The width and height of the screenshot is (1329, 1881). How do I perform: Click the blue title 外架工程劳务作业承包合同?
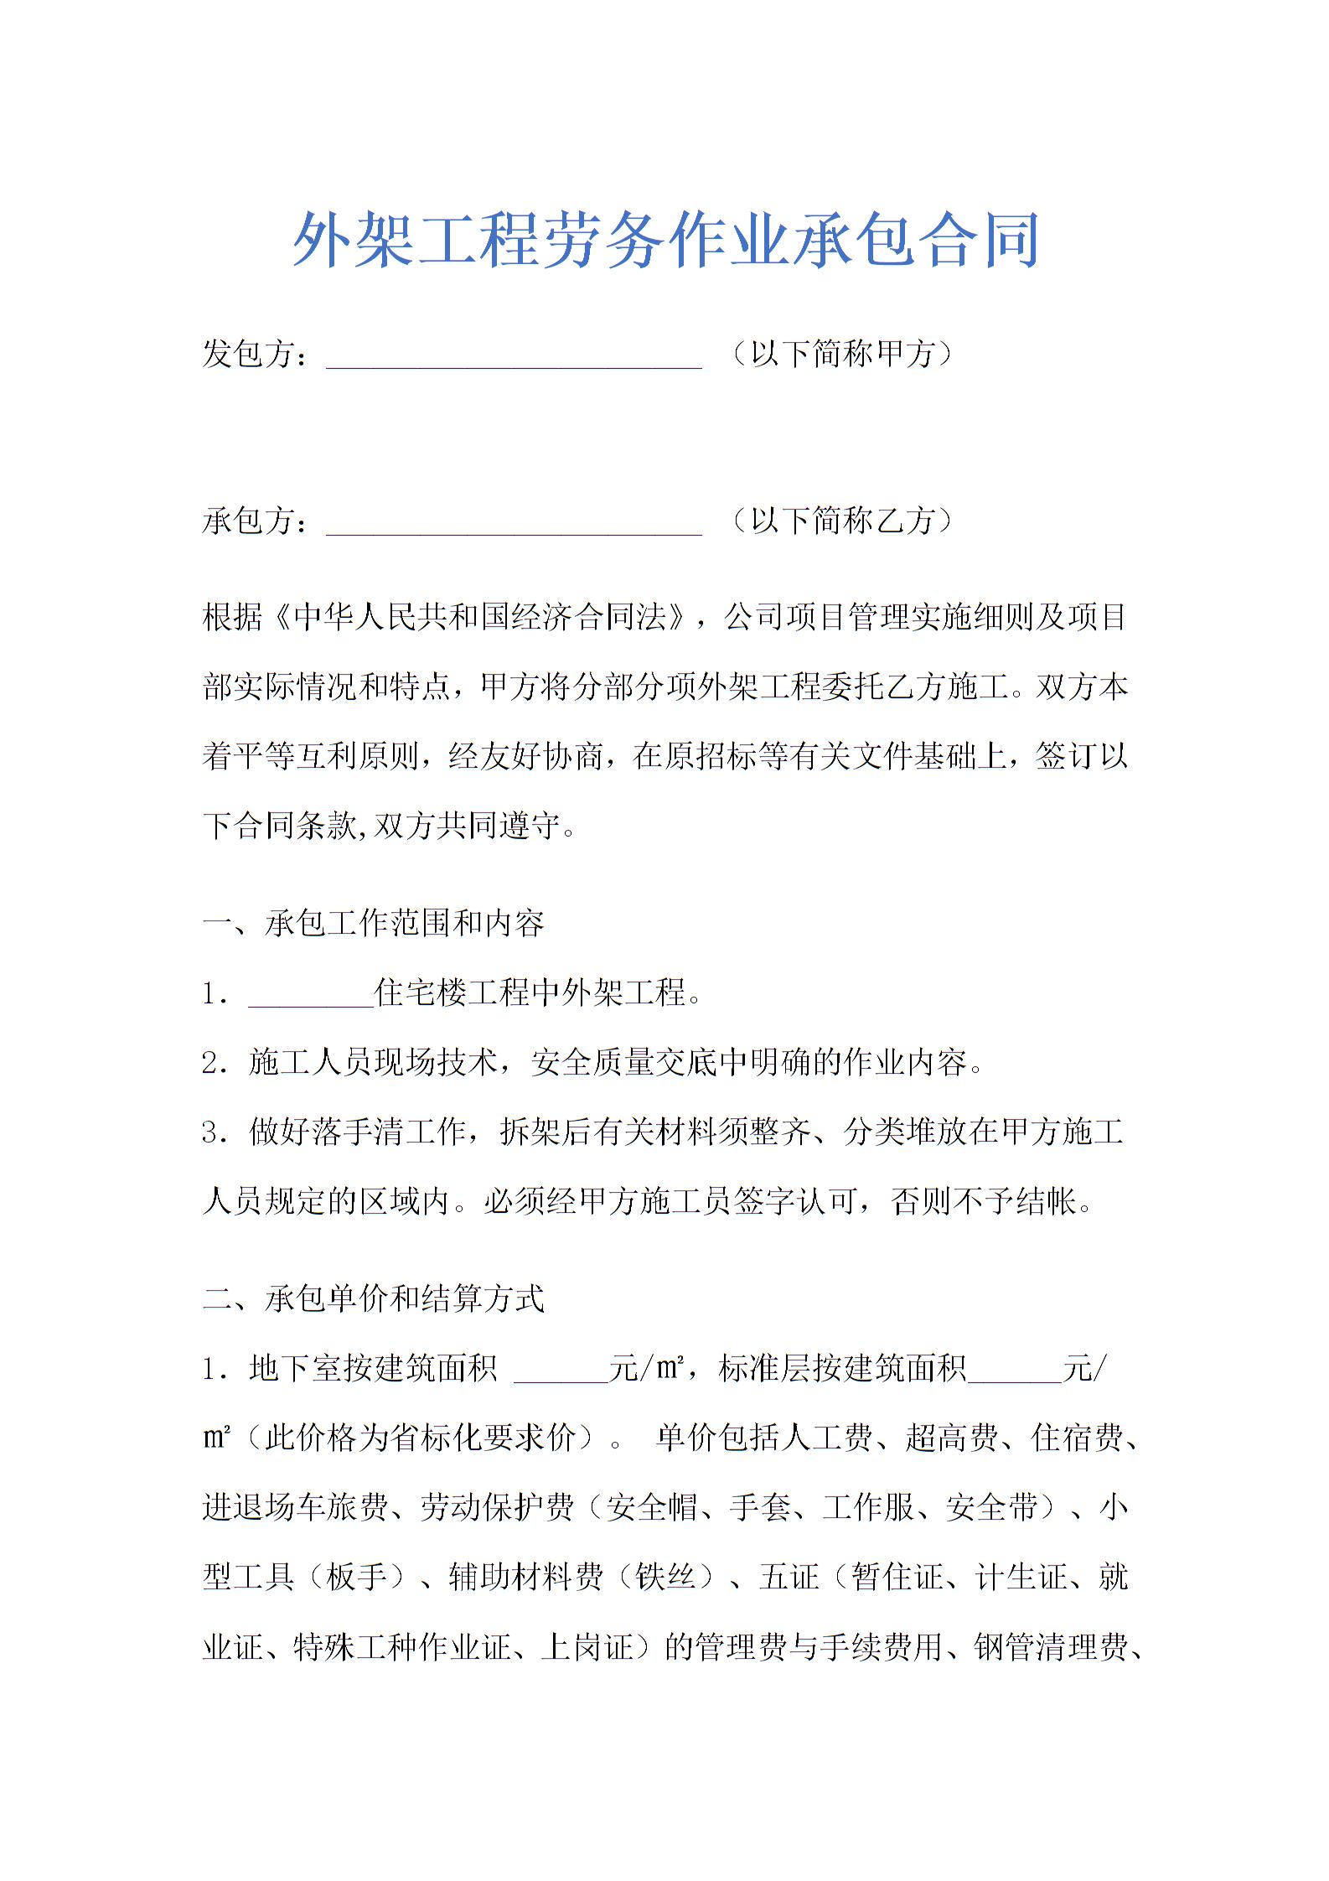pyautogui.click(x=666, y=241)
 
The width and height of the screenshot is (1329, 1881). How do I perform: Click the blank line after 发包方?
pyautogui.click(x=513, y=357)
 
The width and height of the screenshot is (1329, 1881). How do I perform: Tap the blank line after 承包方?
pyautogui.click(x=513, y=524)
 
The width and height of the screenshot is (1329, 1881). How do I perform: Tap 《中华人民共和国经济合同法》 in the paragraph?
pyautogui.click(x=482, y=618)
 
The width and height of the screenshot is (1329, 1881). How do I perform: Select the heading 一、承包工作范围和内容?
pyautogui.click(x=373, y=924)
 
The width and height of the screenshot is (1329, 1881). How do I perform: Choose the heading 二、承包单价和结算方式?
pyautogui.click(x=373, y=1299)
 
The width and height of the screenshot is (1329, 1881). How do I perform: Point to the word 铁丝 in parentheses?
pyautogui.click(x=666, y=1578)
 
